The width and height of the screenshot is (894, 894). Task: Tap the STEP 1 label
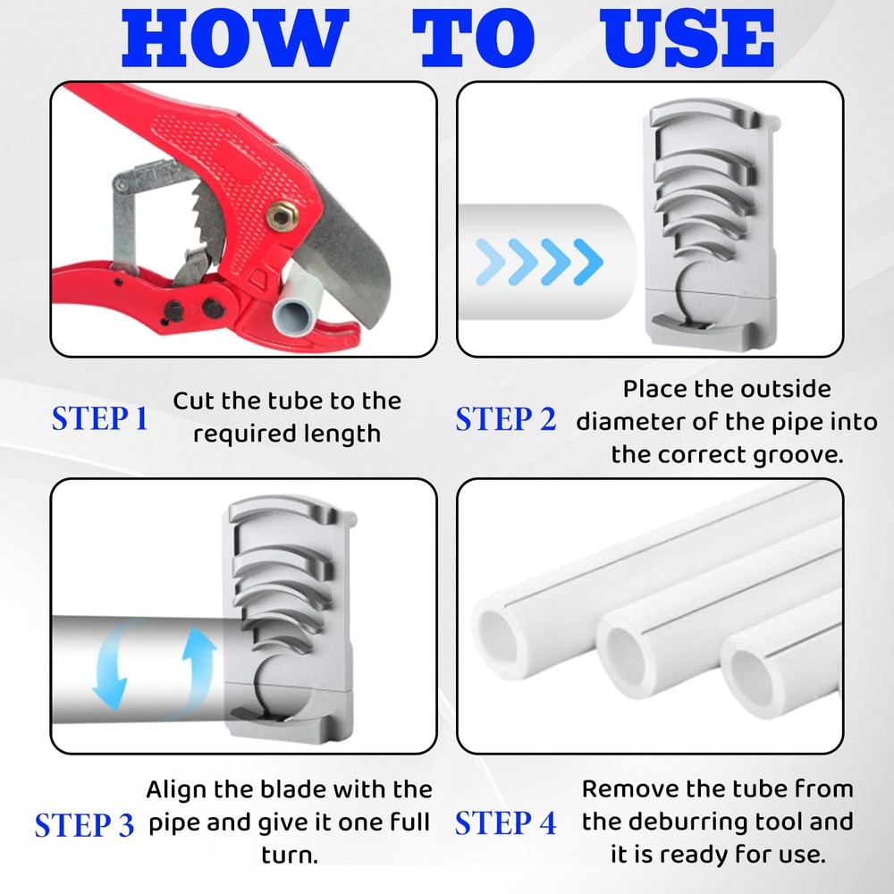tap(99, 418)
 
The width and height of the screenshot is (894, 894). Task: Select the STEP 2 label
tap(505, 418)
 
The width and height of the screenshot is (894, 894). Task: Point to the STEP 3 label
tap(84, 824)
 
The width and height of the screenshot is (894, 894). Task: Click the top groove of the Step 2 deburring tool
tap(706, 125)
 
